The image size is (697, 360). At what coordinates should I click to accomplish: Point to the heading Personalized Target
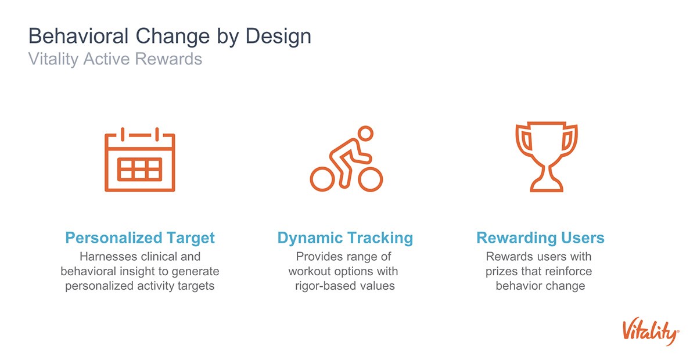click(140, 237)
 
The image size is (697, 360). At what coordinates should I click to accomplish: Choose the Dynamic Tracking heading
click(345, 237)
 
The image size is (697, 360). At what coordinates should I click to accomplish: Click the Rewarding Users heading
click(540, 237)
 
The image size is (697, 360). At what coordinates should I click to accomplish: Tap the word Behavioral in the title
click(78, 36)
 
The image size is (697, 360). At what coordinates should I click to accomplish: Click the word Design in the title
click(278, 37)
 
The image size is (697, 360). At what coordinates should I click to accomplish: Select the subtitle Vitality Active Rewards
click(115, 59)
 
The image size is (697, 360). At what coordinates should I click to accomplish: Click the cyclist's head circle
click(365, 133)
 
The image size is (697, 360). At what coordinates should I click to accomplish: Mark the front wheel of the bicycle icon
click(371, 179)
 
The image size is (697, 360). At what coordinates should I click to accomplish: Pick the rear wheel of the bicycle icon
click(322, 179)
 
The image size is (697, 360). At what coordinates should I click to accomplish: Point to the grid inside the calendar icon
click(140, 170)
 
